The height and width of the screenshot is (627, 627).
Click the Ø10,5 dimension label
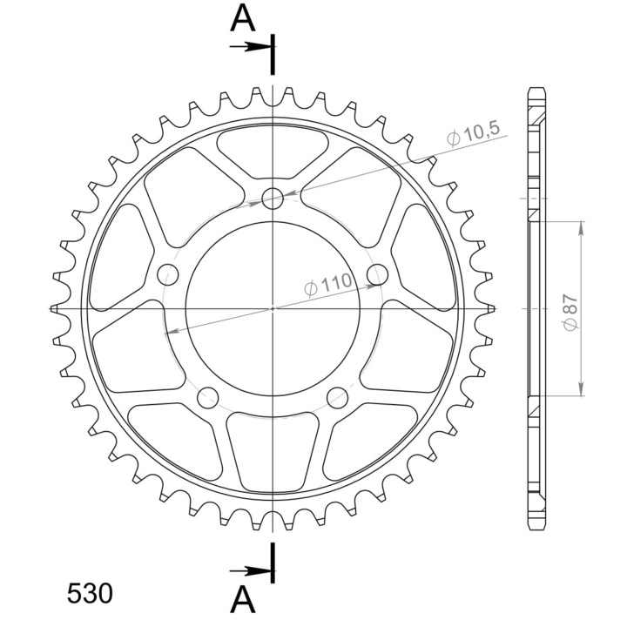pos(474,134)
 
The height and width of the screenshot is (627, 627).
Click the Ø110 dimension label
pos(328,284)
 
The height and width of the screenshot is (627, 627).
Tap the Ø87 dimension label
pos(570,313)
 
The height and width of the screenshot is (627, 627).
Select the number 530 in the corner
pos(90,593)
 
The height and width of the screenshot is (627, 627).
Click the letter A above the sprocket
pos(243,19)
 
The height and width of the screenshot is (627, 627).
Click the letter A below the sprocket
pos(243,599)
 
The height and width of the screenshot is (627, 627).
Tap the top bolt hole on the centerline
pos(273,198)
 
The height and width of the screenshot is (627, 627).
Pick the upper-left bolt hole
pos(168,274)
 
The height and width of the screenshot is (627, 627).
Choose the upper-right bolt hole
pos(377,274)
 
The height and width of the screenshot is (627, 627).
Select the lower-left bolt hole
pos(208,397)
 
